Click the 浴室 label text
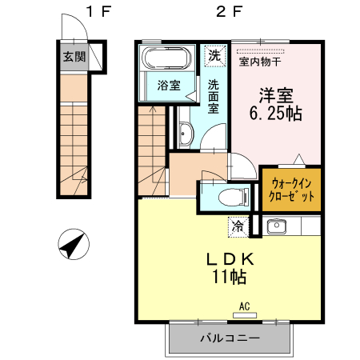(167, 85)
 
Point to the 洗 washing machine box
(214, 56)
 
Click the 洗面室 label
(214, 96)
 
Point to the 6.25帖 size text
(275, 114)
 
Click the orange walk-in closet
(291, 189)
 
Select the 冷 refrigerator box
(238, 226)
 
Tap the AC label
(243, 304)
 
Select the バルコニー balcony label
(229, 338)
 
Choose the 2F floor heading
(228, 13)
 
